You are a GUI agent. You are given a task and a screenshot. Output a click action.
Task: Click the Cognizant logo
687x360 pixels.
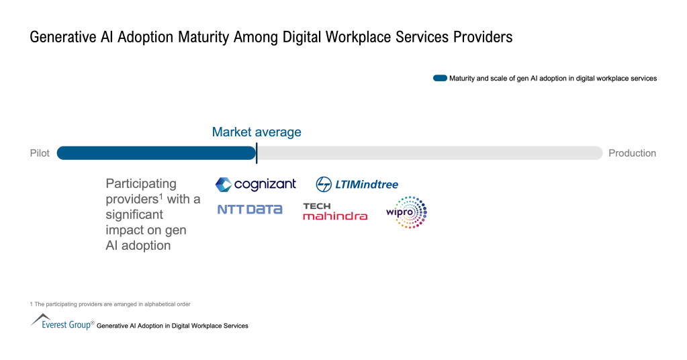click(x=255, y=184)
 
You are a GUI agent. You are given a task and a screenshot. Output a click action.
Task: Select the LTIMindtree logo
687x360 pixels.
click(x=357, y=184)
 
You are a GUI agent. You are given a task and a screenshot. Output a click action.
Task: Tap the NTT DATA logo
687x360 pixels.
click(x=250, y=210)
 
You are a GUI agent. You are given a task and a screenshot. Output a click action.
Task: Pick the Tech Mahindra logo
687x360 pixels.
click(x=335, y=212)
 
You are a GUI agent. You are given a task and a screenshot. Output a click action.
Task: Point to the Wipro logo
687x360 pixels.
click(x=407, y=212)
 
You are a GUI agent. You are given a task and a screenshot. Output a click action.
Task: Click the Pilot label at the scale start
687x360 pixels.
click(x=40, y=153)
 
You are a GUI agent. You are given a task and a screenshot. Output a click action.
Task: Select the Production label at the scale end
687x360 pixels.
click(x=632, y=153)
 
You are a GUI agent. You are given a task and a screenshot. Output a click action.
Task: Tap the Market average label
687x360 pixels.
click(x=257, y=132)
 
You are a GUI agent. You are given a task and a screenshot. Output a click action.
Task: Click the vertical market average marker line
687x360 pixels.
click(x=257, y=153)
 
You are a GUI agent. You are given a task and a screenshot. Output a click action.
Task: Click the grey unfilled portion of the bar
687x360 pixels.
click(x=430, y=153)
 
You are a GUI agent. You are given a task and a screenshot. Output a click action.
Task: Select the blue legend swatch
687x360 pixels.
click(x=440, y=79)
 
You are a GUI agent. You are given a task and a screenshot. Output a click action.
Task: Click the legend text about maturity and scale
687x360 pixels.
click(x=553, y=79)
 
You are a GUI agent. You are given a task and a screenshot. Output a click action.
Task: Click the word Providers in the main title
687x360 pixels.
click(x=482, y=38)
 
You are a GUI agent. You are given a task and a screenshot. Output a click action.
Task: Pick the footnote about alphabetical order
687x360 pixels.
click(x=110, y=304)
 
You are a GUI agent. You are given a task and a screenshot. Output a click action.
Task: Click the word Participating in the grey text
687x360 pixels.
click(x=141, y=183)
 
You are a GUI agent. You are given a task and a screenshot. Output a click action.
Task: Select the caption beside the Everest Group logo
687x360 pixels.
click(x=173, y=326)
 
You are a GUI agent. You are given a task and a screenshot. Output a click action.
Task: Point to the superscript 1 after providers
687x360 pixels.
click(x=161, y=196)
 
